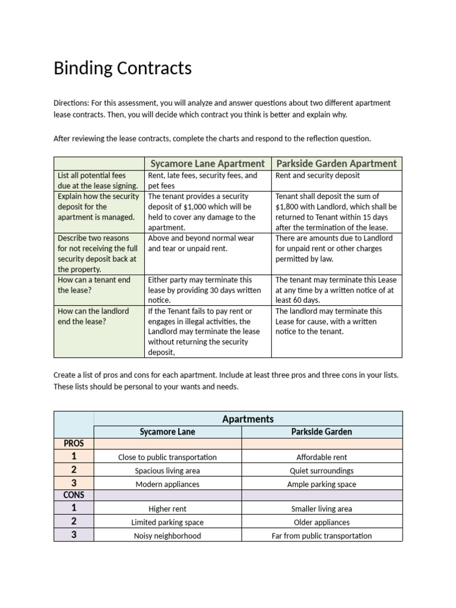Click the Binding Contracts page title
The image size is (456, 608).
pos(122,68)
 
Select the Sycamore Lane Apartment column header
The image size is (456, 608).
pos(207,163)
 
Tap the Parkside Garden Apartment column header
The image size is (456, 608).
pos(336,163)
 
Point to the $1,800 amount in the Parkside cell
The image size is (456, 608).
pos(289,207)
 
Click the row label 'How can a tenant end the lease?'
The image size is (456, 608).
pos(94,285)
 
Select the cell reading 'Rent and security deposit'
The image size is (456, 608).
pos(317,176)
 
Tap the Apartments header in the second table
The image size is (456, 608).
pos(248,419)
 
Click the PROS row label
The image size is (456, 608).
pos(74,444)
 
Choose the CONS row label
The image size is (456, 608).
pos(74,495)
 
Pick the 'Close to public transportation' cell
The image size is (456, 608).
pos(167,457)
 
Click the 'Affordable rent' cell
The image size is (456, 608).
pos(321,457)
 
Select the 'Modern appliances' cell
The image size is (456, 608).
pos(167,484)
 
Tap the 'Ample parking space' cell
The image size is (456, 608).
pos(321,484)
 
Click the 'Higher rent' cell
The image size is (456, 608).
pos(167,509)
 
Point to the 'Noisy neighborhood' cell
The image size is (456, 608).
pos(167,536)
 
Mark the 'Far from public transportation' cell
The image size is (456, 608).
pos(321,536)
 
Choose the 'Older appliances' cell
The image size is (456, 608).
pos(321,522)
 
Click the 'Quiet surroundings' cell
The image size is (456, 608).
pos(321,471)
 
